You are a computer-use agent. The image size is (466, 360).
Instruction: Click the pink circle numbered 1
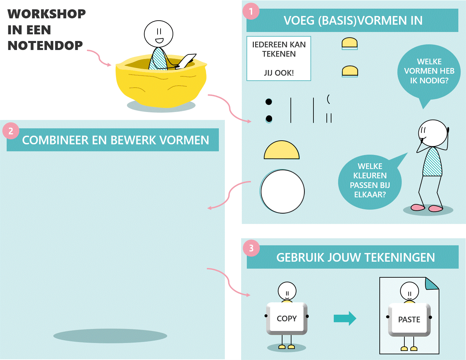click(251, 11)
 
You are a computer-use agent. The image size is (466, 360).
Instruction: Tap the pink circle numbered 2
click(11, 131)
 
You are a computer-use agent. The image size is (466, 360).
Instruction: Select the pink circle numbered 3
click(251, 248)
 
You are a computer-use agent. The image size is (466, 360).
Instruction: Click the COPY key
click(287, 318)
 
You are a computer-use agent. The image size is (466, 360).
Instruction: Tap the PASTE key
click(409, 319)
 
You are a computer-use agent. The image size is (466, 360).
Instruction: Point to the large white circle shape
click(282, 191)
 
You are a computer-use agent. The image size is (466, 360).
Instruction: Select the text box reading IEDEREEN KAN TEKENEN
click(279, 58)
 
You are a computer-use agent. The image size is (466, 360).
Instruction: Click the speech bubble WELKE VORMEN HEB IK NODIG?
click(429, 71)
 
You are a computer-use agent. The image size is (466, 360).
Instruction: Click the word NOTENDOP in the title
click(45, 46)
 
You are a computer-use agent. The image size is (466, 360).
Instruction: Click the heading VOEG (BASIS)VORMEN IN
click(353, 21)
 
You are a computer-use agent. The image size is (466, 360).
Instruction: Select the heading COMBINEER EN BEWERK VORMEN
click(115, 140)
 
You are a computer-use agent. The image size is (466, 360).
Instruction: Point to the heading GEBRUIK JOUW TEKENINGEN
click(355, 257)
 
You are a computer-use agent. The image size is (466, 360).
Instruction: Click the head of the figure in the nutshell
click(159, 34)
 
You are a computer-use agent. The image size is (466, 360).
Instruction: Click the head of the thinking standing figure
click(433, 133)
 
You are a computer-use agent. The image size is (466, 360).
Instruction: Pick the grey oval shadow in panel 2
click(110, 336)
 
